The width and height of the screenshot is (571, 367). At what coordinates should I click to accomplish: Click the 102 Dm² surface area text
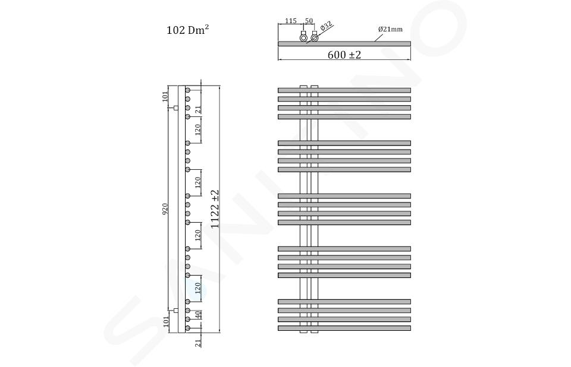point(187,30)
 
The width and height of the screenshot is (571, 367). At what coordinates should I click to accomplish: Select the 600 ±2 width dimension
point(344,55)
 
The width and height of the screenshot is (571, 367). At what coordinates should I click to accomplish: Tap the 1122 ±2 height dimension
point(215,209)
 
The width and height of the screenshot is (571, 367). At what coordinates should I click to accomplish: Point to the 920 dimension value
point(165,209)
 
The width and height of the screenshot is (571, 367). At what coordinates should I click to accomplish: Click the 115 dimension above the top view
point(291,21)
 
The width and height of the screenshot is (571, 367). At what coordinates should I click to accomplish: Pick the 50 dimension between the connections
point(309,21)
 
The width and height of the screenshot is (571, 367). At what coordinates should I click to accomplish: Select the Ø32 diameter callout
point(327,26)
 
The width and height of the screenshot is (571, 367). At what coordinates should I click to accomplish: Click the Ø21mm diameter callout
point(390,29)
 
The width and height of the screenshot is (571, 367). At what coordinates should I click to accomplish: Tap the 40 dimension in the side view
point(197,315)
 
